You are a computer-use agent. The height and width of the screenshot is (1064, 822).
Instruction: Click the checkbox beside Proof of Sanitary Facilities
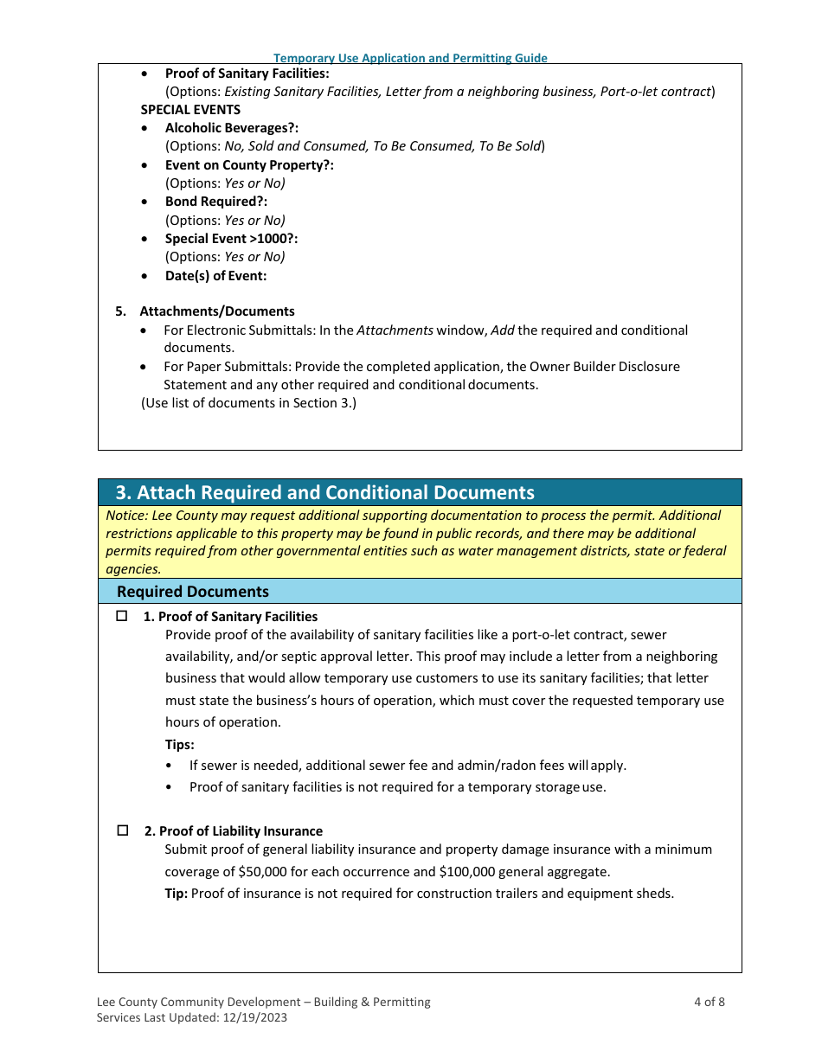pos(122,616)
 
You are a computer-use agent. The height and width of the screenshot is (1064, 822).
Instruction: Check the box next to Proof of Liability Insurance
pos(123,830)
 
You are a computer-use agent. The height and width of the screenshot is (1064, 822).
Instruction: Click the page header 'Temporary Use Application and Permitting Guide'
pos(410,58)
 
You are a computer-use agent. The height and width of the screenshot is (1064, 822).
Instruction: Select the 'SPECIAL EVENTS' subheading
pos(190,110)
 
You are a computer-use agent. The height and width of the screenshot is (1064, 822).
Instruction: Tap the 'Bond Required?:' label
pos(216,202)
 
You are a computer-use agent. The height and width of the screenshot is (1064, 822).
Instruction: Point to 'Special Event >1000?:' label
pos(231,239)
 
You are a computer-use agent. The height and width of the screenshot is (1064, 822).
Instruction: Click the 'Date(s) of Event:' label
pos(215,276)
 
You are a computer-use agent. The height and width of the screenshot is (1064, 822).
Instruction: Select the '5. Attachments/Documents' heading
pos(216,311)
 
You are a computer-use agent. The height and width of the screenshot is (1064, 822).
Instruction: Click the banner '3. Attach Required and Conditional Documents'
pos(325,492)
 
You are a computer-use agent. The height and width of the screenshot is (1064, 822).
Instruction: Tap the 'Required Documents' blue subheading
pos(193,592)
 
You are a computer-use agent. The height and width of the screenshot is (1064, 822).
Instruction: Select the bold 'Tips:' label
pos(179,744)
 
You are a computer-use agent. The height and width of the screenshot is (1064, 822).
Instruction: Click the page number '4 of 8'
pos(709,1002)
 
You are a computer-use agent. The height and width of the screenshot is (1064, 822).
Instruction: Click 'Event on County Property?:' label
pos(249,165)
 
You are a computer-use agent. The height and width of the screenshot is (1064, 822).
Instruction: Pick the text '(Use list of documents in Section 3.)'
pos(248,403)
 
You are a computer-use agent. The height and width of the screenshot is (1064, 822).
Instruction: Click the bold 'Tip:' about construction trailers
pos(176,893)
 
